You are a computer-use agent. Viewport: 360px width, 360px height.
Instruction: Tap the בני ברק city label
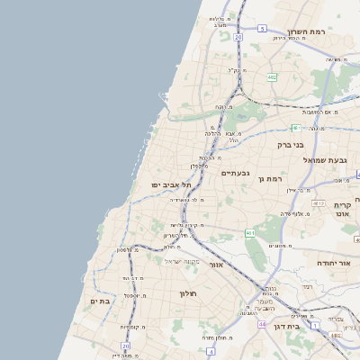tap(290, 144)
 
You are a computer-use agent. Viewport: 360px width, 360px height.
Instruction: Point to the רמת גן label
tap(270, 179)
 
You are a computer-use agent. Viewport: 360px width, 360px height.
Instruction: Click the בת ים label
tap(100, 301)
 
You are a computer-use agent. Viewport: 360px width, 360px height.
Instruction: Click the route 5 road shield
tap(262, 29)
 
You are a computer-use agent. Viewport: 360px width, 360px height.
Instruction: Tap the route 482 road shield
tap(272, 77)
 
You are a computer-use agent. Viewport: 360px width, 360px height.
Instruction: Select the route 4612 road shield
tap(316, 204)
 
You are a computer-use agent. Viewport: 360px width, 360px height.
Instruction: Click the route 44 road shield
tap(262, 324)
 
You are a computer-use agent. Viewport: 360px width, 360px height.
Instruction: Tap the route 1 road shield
tap(315, 324)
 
